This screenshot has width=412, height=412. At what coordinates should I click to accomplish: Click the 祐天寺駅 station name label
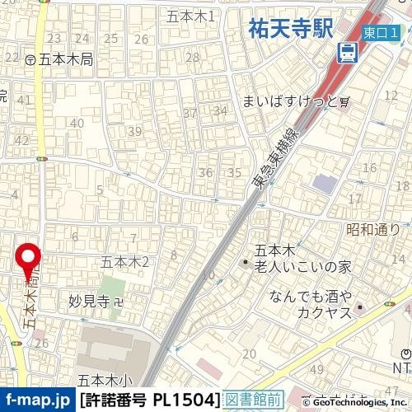click(290, 30)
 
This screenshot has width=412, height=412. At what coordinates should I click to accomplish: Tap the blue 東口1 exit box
click(382, 31)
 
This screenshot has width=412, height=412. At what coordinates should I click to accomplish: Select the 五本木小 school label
click(105, 380)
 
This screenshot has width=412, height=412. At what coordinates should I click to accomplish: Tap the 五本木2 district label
click(124, 262)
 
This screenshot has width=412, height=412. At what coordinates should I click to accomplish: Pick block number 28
click(193, 57)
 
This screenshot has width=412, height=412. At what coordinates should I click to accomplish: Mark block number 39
click(134, 131)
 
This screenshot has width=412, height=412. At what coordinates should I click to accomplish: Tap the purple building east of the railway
click(325, 183)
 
